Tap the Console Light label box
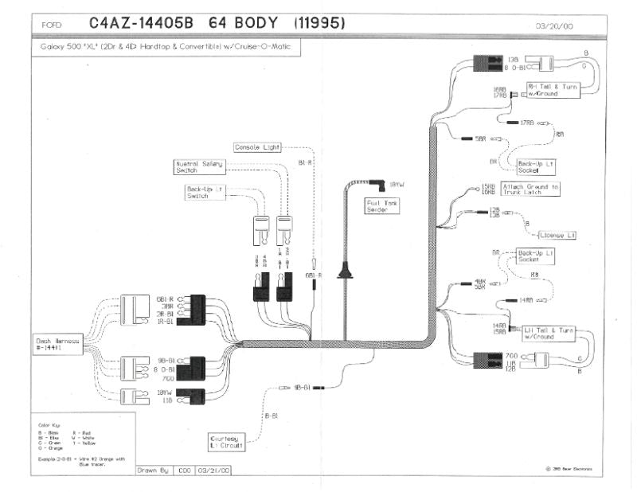(x=258, y=147)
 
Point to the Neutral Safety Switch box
(x=198, y=166)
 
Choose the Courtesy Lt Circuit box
(x=227, y=442)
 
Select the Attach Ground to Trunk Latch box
(x=531, y=189)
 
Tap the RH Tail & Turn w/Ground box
(x=552, y=90)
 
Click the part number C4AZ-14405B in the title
(x=140, y=24)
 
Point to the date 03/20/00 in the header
(x=554, y=26)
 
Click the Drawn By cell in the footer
(x=154, y=471)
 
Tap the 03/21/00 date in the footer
(x=213, y=471)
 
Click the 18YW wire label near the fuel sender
(x=397, y=185)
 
